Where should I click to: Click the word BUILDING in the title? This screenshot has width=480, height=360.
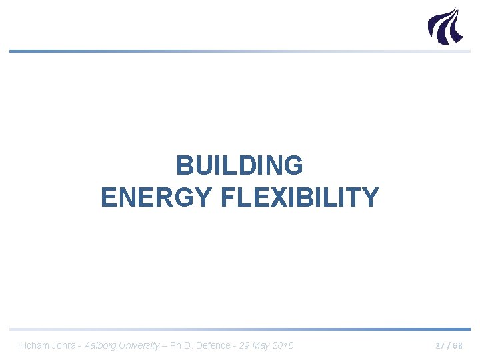click(239, 165)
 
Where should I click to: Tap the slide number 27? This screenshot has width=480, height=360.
click(441, 346)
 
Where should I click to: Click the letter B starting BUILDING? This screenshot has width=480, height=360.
click(185, 165)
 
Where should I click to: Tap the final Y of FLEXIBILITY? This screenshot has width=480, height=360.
click(371, 198)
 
